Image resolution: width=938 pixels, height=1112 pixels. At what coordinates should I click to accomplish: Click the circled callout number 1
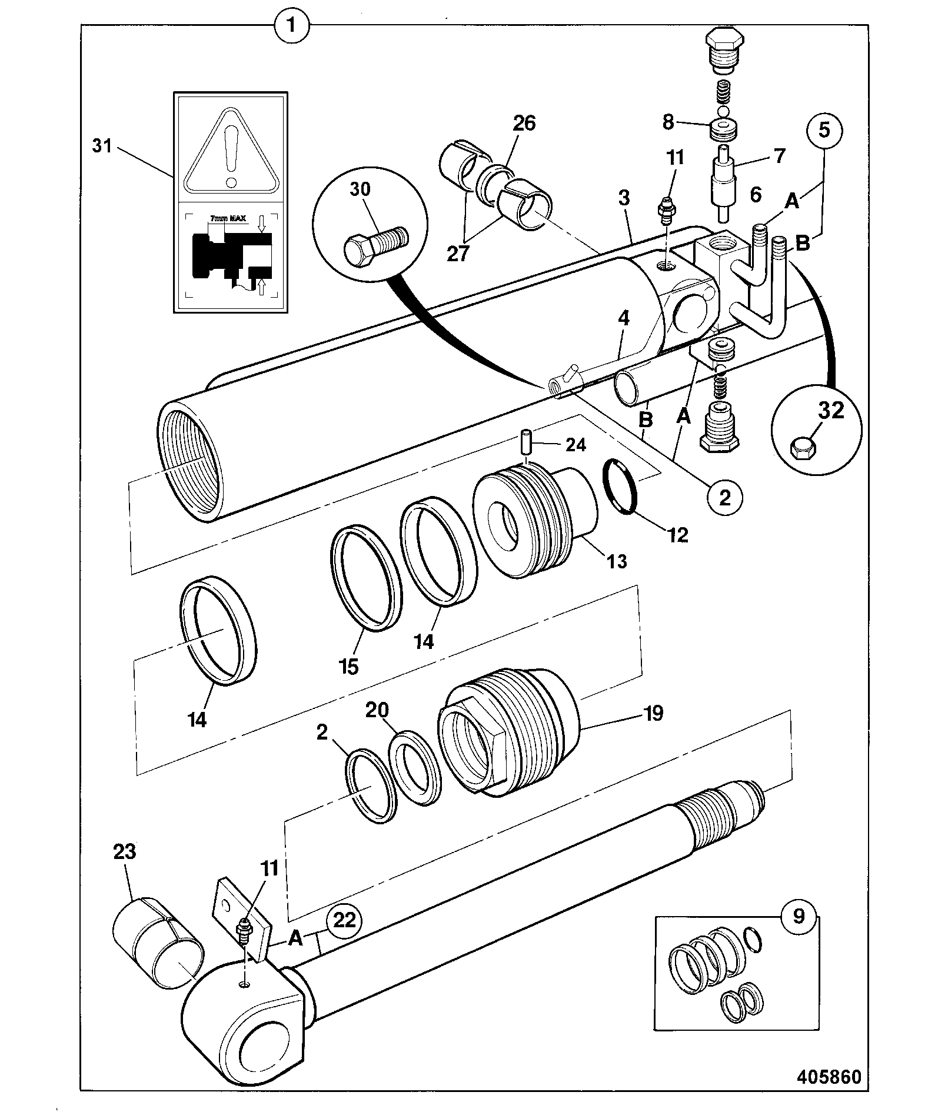[x=291, y=26]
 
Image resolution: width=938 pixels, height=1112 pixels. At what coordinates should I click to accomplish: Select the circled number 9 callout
[x=798, y=917]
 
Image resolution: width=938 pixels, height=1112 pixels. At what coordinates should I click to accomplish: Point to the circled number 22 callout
[x=345, y=920]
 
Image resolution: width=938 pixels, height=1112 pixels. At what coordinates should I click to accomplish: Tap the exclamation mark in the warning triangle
[x=231, y=154]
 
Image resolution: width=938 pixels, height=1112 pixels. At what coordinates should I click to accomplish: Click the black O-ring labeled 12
[x=621, y=486]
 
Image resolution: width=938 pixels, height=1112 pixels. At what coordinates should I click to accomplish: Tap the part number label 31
[x=102, y=145]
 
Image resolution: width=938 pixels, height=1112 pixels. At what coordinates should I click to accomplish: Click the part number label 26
[x=524, y=123]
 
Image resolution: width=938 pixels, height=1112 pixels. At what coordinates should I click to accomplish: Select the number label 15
[x=349, y=667]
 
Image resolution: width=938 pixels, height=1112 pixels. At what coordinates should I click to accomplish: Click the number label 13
[x=617, y=561]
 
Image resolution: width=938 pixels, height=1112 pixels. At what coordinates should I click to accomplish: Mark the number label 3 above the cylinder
[x=623, y=198]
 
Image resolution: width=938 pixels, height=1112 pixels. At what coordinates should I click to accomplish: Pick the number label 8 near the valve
[x=668, y=122]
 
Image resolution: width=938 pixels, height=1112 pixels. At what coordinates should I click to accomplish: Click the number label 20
[x=377, y=710]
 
